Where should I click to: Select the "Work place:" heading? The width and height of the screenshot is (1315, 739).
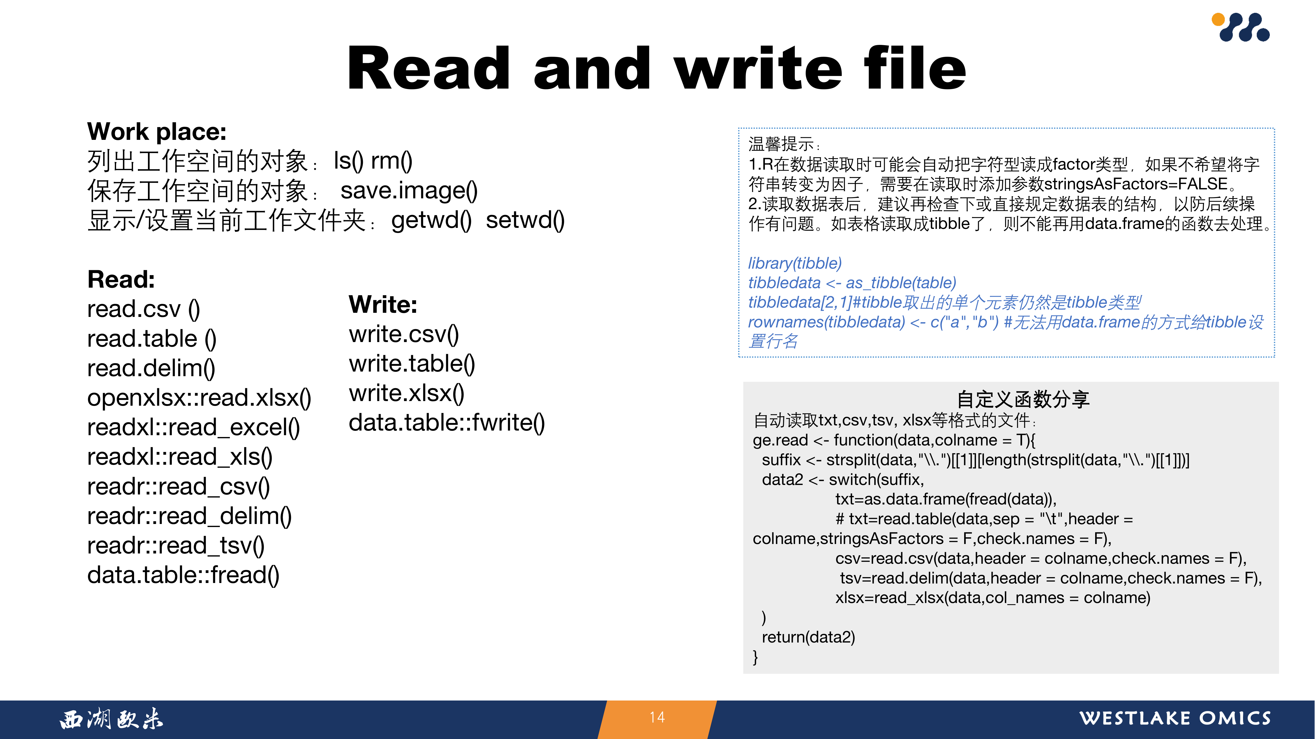tap(157, 132)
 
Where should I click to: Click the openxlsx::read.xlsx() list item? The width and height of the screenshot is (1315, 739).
tap(199, 398)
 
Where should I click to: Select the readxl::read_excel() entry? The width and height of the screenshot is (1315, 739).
tap(193, 427)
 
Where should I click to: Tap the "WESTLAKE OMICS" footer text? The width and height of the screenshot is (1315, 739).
tap(1175, 718)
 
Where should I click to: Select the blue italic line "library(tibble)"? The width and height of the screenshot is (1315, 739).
tap(795, 263)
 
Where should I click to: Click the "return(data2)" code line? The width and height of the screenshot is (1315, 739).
tap(808, 637)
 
